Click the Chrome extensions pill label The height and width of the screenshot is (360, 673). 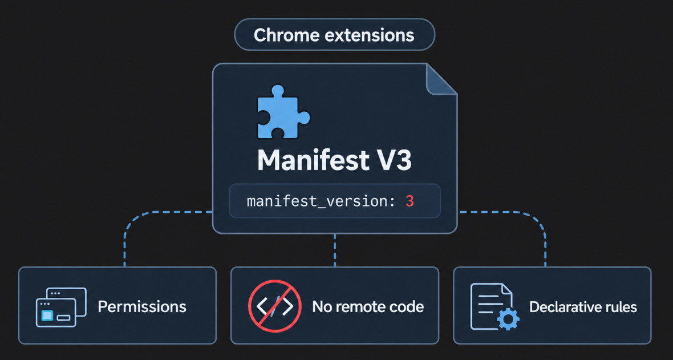pos(334,35)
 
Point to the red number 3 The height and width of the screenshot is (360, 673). pos(410,201)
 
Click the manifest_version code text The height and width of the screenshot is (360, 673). pos(321,201)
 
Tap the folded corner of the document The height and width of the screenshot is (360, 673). pos(441,79)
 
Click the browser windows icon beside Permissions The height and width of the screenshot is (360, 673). pos(61,307)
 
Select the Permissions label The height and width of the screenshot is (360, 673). pos(142,307)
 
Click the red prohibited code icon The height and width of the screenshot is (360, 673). pos(275,306)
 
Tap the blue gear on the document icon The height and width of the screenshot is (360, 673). pos(508,318)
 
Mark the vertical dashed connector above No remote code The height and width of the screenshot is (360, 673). pos(334,250)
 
